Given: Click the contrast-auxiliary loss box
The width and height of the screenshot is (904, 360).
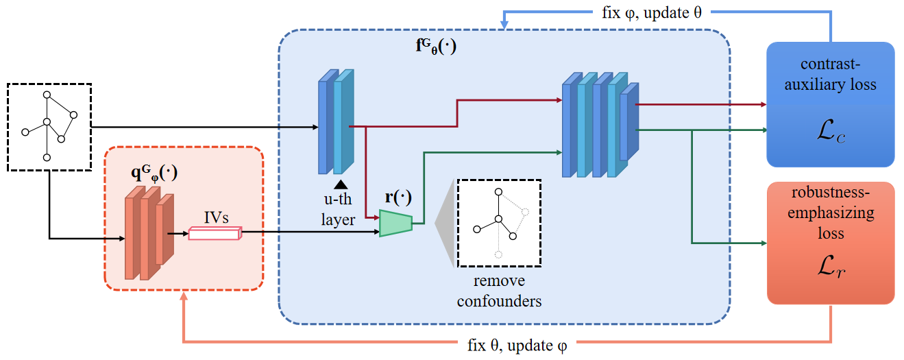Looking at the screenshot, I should (x=830, y=104).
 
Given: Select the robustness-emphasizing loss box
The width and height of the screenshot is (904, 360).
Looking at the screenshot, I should (x=830, y=243).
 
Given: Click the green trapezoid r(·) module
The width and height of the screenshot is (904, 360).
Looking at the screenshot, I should (x=395, y=224).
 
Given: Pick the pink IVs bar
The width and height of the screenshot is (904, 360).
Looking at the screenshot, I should (x=215, y=233).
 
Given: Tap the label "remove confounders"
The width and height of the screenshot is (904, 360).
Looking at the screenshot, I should (x=499, y=290).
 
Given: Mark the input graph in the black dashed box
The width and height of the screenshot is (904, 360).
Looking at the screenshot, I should (x=49, y=126).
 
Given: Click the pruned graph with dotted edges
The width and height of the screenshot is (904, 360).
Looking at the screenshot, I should (x=500, y=223).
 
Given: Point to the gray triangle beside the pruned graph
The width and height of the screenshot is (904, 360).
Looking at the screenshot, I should (x=446, y=223).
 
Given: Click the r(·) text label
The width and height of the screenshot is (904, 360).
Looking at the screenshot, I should (x=398, y=197).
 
